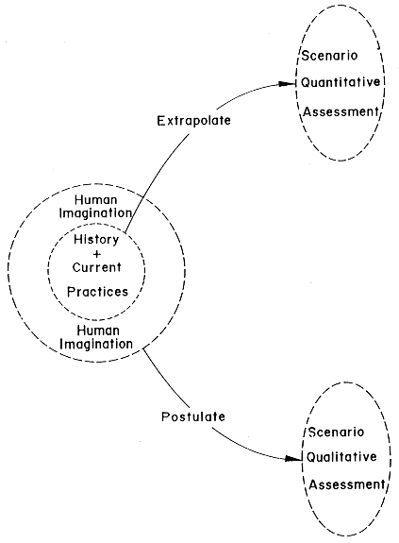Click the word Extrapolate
click(193, 121)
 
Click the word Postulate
click(193, 416)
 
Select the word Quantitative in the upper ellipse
click(341, 82)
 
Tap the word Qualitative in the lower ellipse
click(341, 457)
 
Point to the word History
click(96, 240)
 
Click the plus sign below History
click(97, 255)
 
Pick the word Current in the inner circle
click(97, 267)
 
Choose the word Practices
click(97, 292)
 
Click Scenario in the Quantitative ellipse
click(329, 56)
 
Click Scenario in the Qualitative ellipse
click(336, 433)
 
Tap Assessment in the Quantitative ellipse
click(341, 111)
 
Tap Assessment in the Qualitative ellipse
click(347, 484)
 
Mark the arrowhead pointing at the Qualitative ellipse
click(294, 459)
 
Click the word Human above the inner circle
click(96, 200)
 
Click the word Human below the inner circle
click(98, 331)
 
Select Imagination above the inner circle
click(95, 213)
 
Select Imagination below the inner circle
click(96, 345)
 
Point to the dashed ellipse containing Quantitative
click(295, 83)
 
